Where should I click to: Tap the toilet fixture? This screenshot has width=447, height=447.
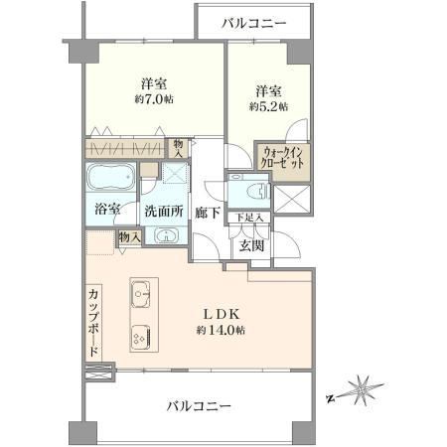[x=258, y=192]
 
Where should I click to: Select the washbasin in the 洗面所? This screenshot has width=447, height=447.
[x=166, y=236]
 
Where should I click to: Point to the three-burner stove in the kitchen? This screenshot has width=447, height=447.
[x=141, y=338]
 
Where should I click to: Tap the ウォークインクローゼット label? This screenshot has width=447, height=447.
[x=282, y=158]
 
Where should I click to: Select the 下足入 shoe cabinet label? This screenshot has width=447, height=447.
[x=250, y=218]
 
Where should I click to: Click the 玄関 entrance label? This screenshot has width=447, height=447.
[x=251, y=245]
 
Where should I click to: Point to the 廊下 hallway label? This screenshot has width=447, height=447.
[x=207, y=213]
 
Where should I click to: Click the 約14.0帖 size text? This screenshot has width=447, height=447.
[x=221, y=330]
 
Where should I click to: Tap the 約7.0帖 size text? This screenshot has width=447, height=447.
[x=154, y=99]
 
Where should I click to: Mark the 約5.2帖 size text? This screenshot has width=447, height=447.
[x=268, y=106]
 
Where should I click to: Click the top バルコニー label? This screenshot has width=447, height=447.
[x=254, y=24]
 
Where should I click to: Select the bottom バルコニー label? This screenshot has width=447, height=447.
[x=199, y=406]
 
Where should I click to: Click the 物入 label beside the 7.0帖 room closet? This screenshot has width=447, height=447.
[x=179, y=148]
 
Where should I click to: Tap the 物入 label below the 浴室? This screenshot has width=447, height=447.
[x=130, y=237]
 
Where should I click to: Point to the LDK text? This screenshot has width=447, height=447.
[x=221, y=314]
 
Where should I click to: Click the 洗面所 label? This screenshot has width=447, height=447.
[x=164, y=212]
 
